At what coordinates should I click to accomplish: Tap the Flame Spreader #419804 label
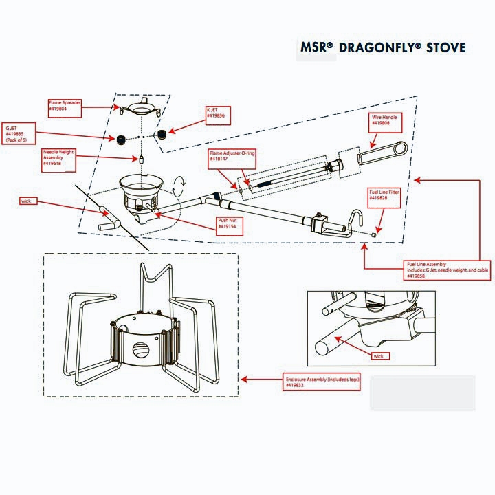tap(65, 106)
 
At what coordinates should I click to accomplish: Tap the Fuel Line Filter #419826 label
tap(384, 195)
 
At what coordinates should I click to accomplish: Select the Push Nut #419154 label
tap(228, 223)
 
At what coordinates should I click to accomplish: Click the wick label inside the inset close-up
tap(379, 356)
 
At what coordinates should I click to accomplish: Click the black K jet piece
tap(163, 133)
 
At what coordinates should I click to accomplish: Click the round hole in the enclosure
tap(142, 348)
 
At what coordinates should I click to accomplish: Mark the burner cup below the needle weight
tap(141, 190)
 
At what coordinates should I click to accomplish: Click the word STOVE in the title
tap(445, 47)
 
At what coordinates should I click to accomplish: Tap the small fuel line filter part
tap(373, 234)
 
